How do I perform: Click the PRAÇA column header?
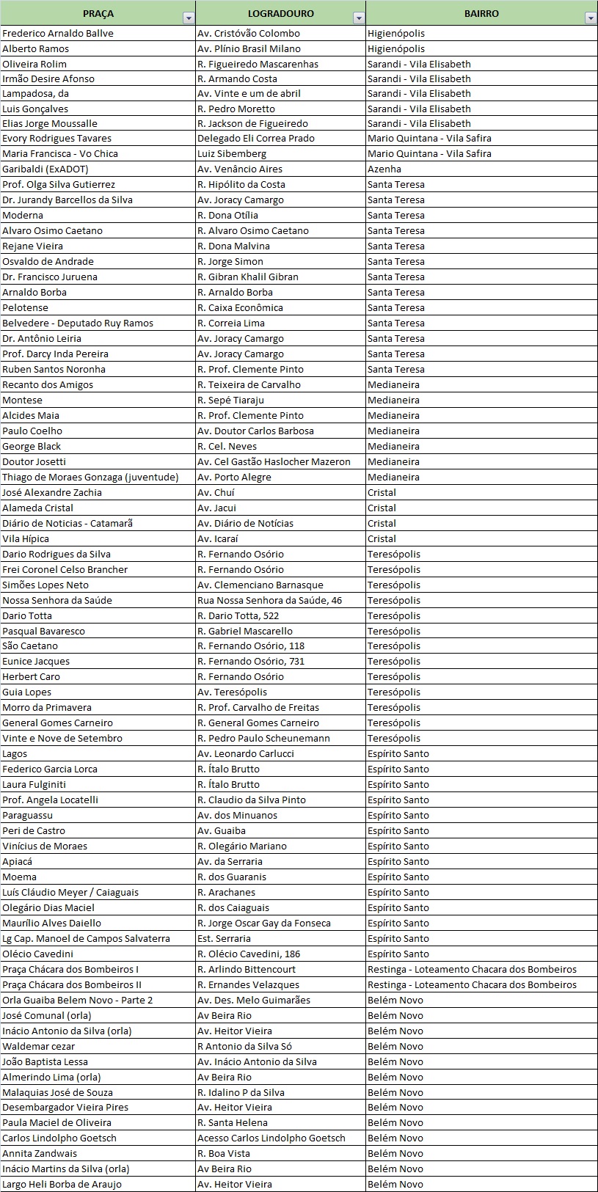pyautogui.click(x=98, y=14)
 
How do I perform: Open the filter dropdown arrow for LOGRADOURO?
pyautogui.click(x=358, y=18)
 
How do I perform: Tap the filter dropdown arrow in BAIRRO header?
pyautogui.click(x=590, y=18)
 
